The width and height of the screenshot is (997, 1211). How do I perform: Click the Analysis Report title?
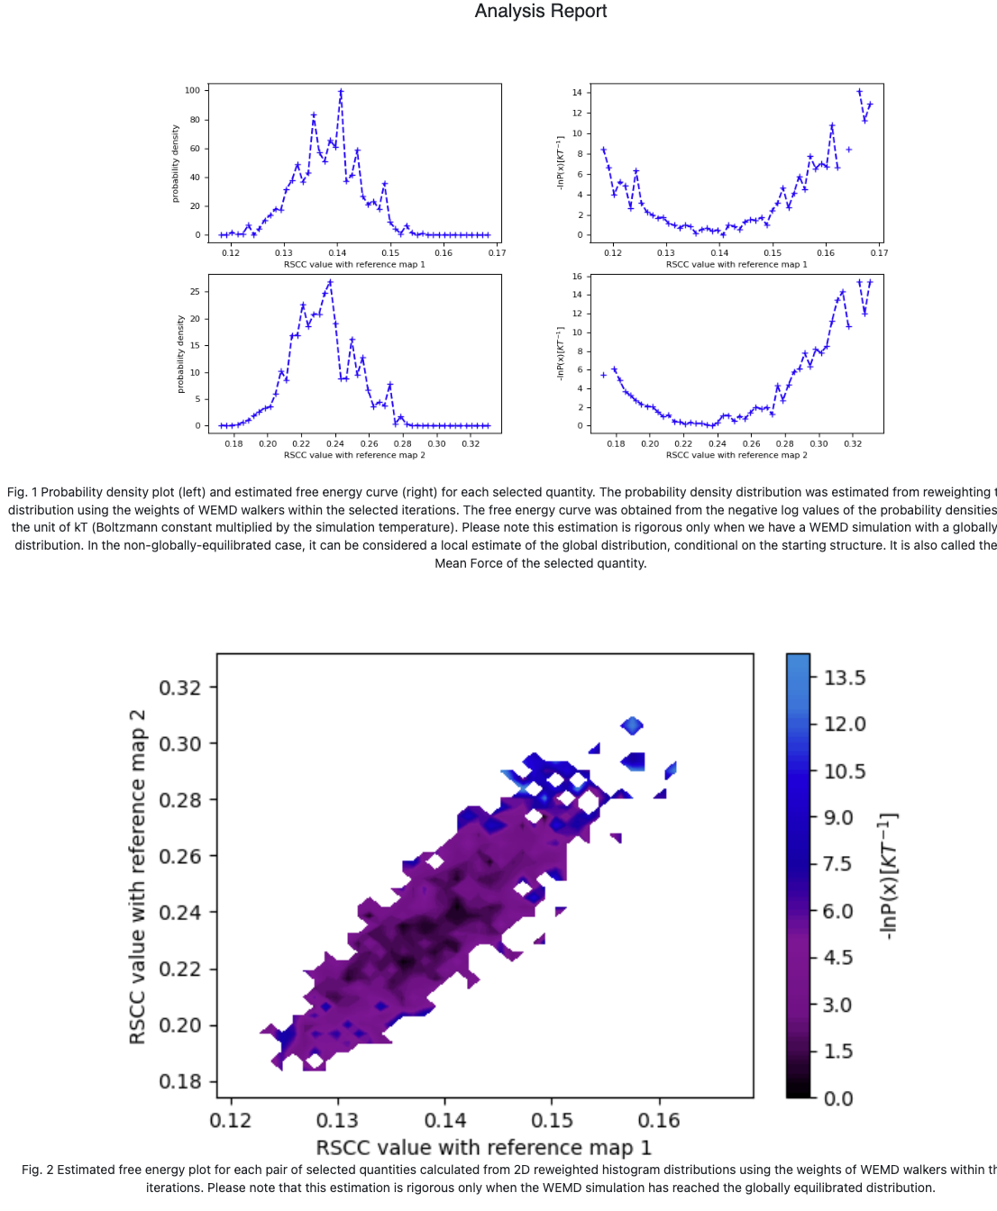pos(541,12)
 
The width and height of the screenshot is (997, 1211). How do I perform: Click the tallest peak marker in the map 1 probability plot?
pos(341,92)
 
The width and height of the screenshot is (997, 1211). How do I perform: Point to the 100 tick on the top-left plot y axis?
pos(192,90)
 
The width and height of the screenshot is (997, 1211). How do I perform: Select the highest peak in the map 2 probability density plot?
pos(330,282)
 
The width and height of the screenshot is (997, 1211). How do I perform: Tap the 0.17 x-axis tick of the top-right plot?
pos(879,253)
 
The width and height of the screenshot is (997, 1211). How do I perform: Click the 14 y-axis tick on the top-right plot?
pos(577,93)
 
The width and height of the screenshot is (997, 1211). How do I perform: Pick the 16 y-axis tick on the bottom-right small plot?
pos(577,277)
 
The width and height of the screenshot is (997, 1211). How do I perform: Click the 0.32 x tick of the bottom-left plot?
pos(471,443)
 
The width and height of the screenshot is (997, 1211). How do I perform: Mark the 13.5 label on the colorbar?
pos(845,678)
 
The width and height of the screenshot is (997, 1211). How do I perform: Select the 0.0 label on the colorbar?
pos(838,1098)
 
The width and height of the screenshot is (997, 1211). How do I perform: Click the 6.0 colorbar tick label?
pos(838,911)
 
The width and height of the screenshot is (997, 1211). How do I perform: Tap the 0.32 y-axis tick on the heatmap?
pos(180,687)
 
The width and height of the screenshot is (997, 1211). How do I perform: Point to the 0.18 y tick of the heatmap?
pos(180,1081)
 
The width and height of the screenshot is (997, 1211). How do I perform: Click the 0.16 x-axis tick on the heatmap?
pos(659,1121)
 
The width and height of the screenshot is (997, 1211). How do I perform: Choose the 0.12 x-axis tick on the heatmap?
pos(231,1121)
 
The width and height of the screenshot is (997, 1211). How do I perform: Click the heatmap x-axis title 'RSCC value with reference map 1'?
pos(483,1148)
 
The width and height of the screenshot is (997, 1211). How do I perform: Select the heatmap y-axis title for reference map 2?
pos(138,877)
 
